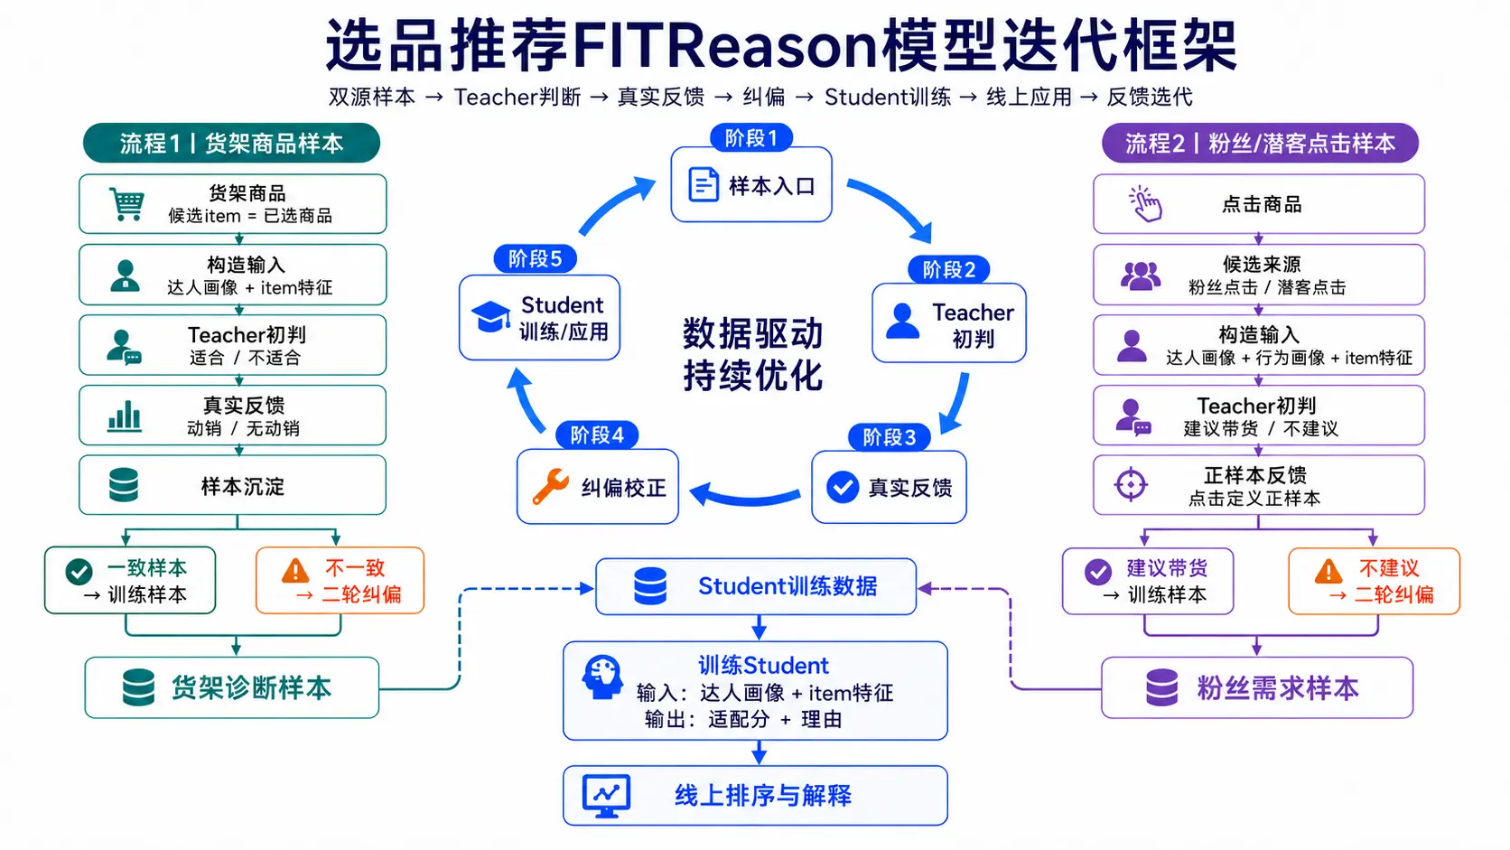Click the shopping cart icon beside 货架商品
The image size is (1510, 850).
click(126, 203)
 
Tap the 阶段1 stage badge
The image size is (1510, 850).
click(751, 138)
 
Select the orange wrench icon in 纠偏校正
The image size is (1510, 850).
click(550, 487)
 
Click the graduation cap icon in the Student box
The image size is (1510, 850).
click(490, 317)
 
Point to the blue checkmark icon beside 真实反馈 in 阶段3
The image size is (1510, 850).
click(843, 488)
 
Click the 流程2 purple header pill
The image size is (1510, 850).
click(1260, 143)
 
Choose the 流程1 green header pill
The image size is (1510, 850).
click(231, 143)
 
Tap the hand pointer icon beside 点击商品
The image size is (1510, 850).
click(1144, 203)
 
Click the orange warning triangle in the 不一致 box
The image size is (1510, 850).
click(295, 571)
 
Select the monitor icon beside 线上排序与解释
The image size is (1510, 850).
click(607, 796)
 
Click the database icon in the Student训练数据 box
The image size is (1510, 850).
click(650, 585)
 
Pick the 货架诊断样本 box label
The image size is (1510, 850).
click(251, 688)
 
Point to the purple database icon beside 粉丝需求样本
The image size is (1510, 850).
click(1162, 687)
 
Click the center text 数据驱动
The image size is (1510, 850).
click(752, 333)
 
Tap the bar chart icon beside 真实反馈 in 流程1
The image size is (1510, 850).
click(125, 416)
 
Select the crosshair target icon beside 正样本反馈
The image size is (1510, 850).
click(1131, 485)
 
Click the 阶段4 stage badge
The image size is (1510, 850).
click(597, 435)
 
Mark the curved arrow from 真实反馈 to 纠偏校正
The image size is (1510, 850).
click(745, 499)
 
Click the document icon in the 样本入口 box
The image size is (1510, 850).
click(704, 184)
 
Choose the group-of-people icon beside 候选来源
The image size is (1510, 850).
click(1141, 276)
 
